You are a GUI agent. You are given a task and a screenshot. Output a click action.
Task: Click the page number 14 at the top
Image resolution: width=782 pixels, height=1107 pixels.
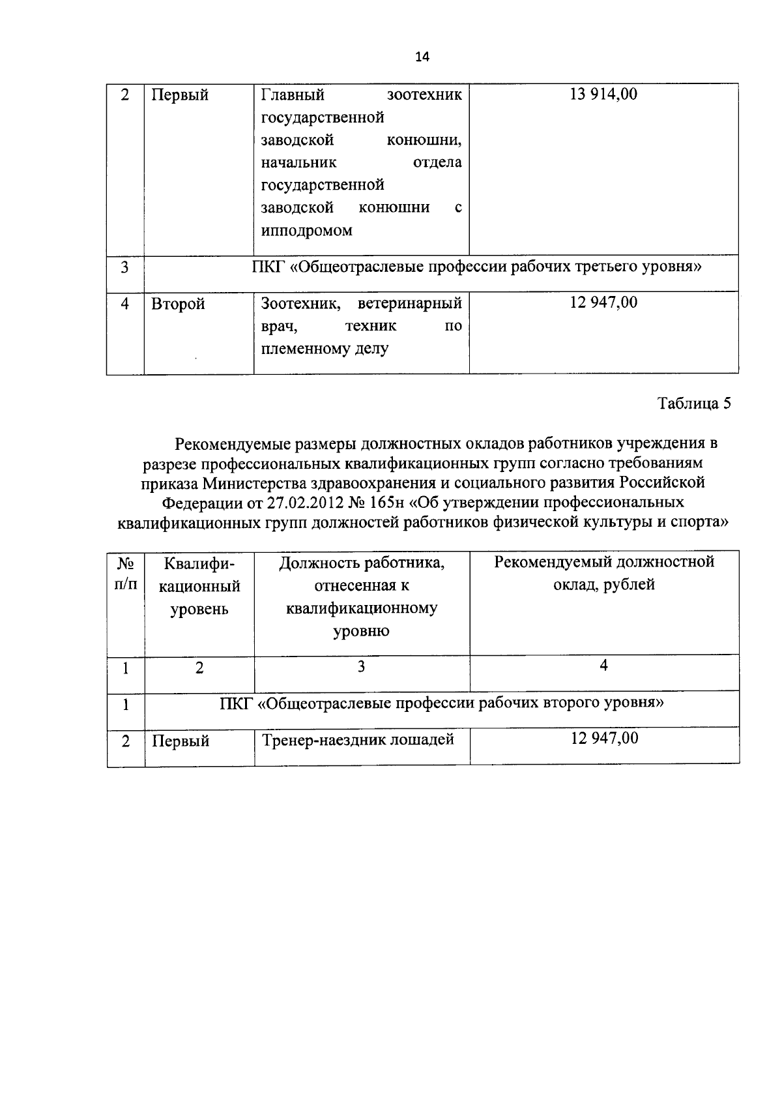[422, 57]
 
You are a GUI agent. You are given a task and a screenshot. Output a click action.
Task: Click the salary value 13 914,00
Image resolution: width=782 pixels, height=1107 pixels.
[603, 95]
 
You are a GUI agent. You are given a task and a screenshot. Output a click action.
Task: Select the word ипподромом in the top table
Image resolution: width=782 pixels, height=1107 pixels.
[306, 231]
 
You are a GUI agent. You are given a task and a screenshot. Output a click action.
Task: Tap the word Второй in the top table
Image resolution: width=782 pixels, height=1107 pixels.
[179, 304]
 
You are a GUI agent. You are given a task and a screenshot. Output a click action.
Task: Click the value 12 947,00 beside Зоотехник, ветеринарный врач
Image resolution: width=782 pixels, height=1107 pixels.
[603, 303]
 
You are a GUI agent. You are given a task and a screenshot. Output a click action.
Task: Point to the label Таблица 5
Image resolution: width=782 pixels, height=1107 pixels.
[694, 404]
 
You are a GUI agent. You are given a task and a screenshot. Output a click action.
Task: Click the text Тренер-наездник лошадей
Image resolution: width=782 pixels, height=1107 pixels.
[358, 740]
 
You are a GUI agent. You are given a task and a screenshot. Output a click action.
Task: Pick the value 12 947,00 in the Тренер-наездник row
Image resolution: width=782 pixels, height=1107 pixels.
[604, 739]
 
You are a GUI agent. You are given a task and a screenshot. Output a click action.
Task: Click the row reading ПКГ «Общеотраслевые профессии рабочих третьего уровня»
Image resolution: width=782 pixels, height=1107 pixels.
[476, 267]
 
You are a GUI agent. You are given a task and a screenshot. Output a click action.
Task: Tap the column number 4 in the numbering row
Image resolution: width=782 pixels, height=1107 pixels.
[604, 666]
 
